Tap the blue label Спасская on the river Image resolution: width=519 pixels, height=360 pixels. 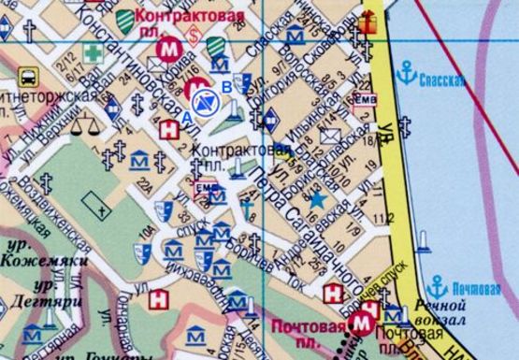point(441,80)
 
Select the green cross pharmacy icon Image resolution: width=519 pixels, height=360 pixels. point(92,53)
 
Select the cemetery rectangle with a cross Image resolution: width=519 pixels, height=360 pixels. point(92,199)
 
